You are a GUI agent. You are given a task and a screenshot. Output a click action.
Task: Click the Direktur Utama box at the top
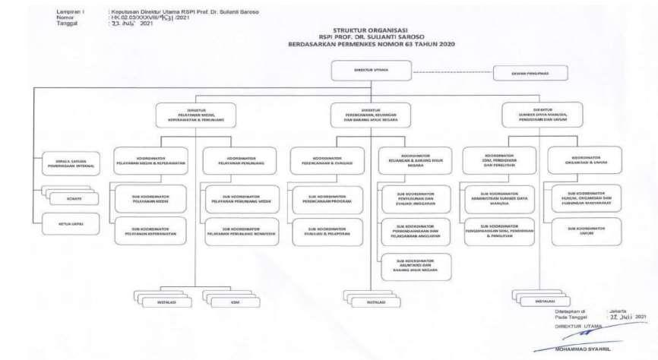coord(370,70)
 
